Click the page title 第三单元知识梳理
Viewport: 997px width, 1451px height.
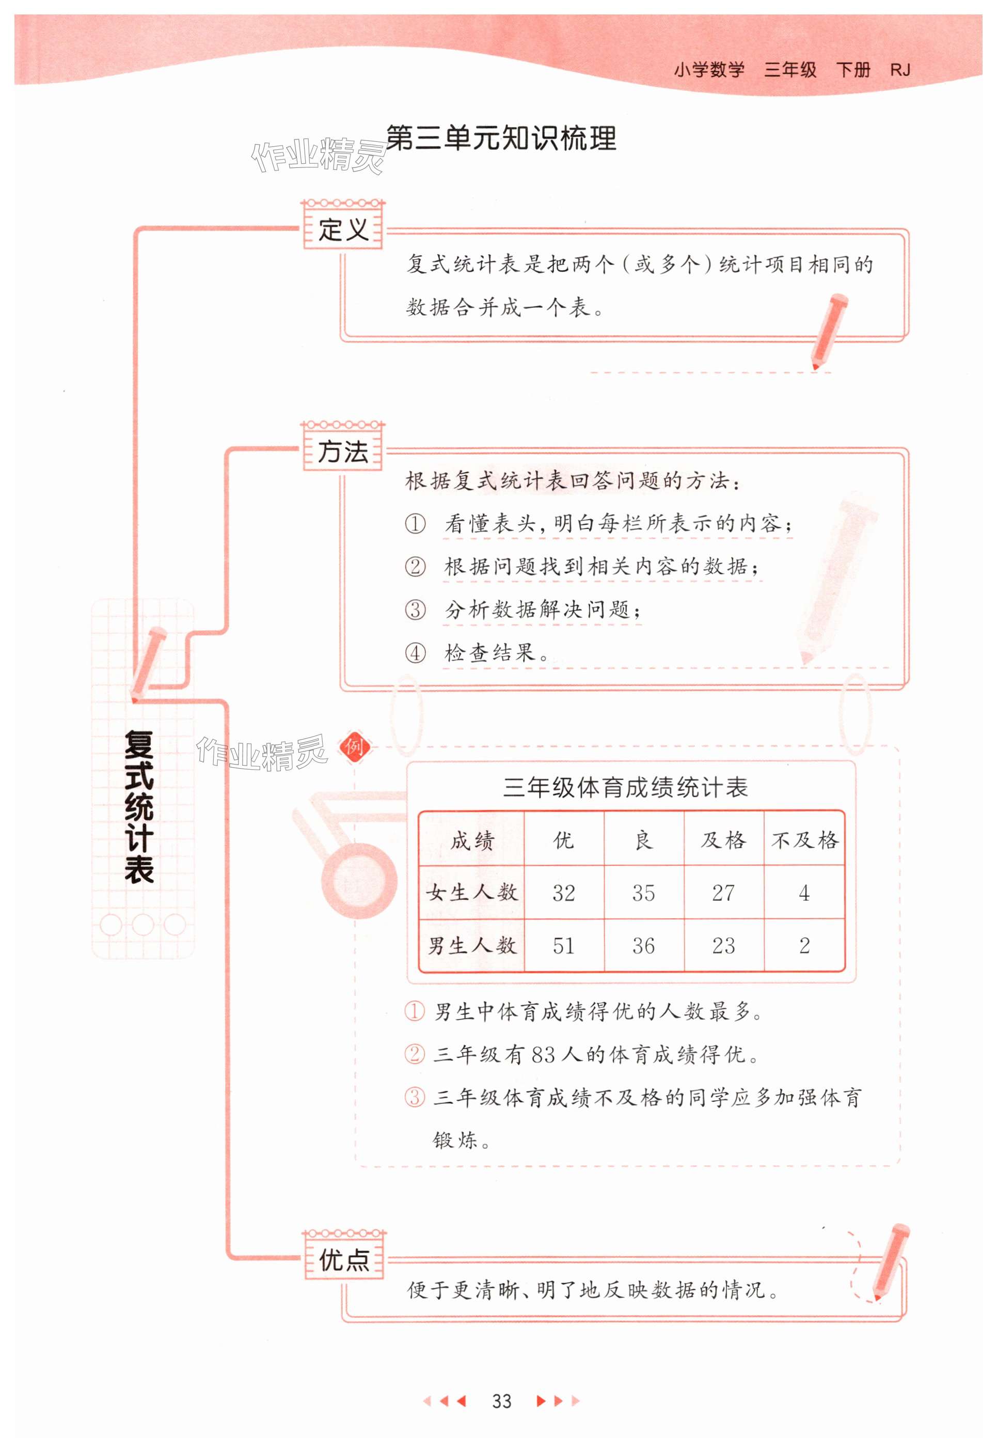pos(501,138)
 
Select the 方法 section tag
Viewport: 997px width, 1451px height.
pos(343,450)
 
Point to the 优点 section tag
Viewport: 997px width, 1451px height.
pos(344,1259)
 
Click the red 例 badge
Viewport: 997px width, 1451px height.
pos(354,746)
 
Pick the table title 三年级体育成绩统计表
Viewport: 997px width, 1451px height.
pos(625,787)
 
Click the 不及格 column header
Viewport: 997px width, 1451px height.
pos(804,840)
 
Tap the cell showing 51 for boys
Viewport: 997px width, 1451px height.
pos(563,945)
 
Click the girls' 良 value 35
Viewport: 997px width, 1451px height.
pos(643,892)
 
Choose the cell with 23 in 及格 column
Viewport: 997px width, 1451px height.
pos(723,945)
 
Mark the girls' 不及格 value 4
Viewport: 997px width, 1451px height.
pos(804,892)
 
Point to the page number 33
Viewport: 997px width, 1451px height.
pos(502,1401)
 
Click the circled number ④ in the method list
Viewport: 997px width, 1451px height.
pos(415,653)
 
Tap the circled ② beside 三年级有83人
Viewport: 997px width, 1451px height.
pos(414,1055)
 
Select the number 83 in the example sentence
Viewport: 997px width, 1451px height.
pos(543,1055)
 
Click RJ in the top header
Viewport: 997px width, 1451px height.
pos(899,70)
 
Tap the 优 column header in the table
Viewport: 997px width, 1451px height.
pos(563,840)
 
